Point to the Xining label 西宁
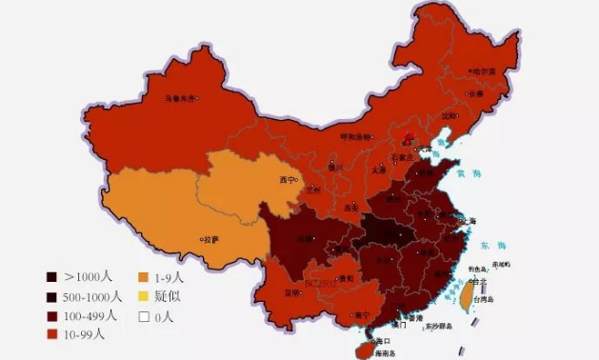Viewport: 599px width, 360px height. [287, 179]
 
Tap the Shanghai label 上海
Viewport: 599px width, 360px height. [468, 220]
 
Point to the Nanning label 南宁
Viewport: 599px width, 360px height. [362, 314]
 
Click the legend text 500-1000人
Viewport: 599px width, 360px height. [92, 296]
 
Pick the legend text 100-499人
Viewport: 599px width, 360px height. [90, 315]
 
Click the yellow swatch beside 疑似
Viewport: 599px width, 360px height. [142, 296]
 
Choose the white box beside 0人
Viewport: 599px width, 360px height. [142, 315]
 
